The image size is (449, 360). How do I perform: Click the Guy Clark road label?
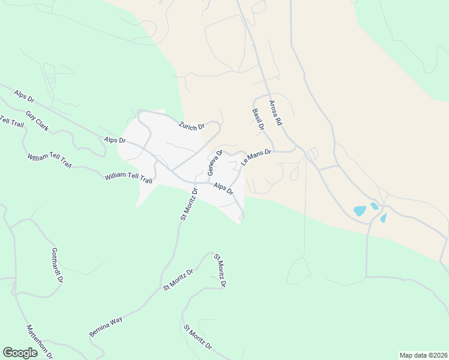37,121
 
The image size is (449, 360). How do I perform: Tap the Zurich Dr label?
192,126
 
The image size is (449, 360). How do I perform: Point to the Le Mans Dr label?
256,158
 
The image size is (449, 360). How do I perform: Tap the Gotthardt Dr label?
58,265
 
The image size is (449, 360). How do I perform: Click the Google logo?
20,353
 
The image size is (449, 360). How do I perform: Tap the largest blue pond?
360,211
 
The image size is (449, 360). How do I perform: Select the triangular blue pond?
383,217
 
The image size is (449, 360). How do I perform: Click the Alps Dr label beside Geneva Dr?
223,188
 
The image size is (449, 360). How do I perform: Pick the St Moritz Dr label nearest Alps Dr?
188,205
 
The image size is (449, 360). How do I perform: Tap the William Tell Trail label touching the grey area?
128,177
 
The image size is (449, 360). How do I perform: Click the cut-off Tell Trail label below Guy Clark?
11,120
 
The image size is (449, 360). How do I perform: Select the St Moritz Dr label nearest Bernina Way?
178,280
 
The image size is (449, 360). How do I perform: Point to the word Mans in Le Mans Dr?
256,157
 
